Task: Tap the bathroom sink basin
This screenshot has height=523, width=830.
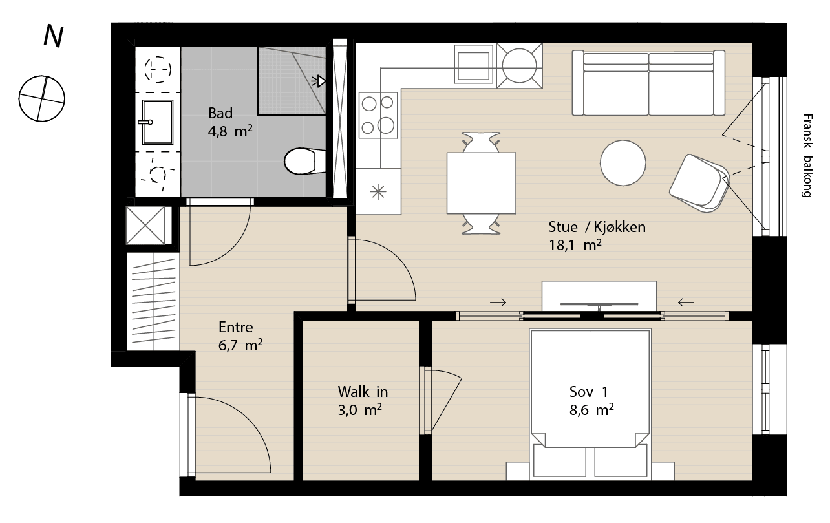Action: point(158,122)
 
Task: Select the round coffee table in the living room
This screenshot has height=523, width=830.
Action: point(623,163)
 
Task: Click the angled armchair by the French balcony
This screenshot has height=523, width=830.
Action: point(699,184)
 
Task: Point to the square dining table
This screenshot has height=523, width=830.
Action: point(481,183)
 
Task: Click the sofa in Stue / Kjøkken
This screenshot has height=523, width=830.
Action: point(648,83)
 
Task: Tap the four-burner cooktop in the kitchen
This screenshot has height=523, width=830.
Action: point(378,115)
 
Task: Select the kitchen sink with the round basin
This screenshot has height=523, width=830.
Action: point(520,66)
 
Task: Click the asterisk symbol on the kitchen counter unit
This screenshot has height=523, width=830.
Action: point(378,192)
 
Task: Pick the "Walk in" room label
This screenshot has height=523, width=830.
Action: point(363,392)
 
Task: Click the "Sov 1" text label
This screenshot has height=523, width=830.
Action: point(588,392)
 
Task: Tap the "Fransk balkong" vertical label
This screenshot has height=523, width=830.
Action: point(808,156)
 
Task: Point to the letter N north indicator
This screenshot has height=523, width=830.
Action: point(54,36)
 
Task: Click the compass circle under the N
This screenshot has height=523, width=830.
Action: point(42,99)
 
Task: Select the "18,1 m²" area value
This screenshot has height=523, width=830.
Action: point(575,246)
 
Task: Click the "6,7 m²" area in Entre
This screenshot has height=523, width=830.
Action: point(240,345)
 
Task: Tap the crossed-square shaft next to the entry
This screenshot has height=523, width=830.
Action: point(145,226)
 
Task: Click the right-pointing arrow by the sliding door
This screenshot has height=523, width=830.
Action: point(498,303)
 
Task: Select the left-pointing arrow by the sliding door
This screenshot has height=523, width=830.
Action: point(686,303)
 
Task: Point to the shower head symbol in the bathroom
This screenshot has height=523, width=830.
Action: point(319,81)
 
